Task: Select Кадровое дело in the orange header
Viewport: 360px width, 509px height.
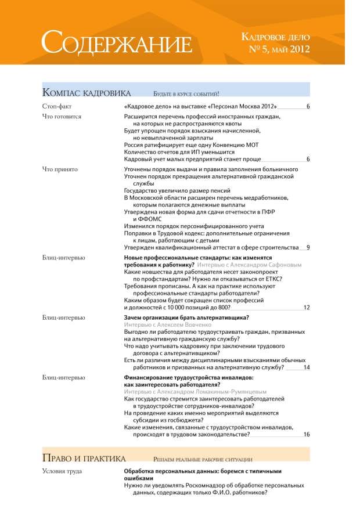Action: [x=275, y=38]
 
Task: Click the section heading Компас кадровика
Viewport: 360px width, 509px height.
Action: [x=87, y=93]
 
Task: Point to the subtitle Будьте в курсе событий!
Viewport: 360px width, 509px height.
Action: [x=185, y=93]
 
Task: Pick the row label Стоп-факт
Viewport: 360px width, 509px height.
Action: [x=56, y=107]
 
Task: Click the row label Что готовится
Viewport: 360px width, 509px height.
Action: [x=62, y=116]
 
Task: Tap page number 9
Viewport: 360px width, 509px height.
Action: [x=308, y=247]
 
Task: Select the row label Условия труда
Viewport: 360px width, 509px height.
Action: [x=62, y=471]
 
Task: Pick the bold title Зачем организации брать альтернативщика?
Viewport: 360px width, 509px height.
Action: [x=187, y=318]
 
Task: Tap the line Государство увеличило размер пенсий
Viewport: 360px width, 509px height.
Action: [x=178, y=190]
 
